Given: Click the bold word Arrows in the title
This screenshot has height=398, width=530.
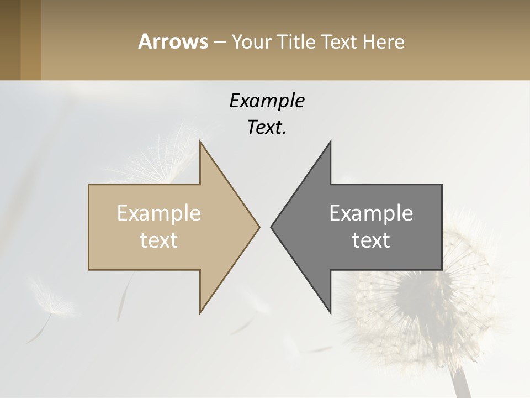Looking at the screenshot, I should coord(173,41).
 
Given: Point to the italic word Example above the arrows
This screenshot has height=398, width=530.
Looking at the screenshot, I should coord(267,101).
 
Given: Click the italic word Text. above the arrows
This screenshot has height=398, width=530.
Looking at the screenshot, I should coord(267,128).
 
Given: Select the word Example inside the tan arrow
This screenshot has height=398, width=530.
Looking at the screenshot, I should coord(159,213).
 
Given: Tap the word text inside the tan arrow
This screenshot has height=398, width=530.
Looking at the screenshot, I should coord(159,240).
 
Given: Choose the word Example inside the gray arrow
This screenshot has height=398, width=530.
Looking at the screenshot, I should coord(371,213).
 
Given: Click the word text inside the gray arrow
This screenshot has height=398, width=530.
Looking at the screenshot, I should coord(371,240).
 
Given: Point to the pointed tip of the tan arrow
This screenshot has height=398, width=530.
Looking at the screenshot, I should coord(259,227).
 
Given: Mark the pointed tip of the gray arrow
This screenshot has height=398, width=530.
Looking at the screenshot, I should coord(271,227).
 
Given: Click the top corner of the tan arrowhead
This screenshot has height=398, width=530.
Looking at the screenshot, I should coord(200,142).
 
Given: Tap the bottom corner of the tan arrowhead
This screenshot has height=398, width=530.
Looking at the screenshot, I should coord(200,312).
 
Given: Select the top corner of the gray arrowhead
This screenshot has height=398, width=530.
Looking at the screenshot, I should coord(330,142).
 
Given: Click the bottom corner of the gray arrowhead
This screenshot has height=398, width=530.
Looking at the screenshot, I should coord(330,312).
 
